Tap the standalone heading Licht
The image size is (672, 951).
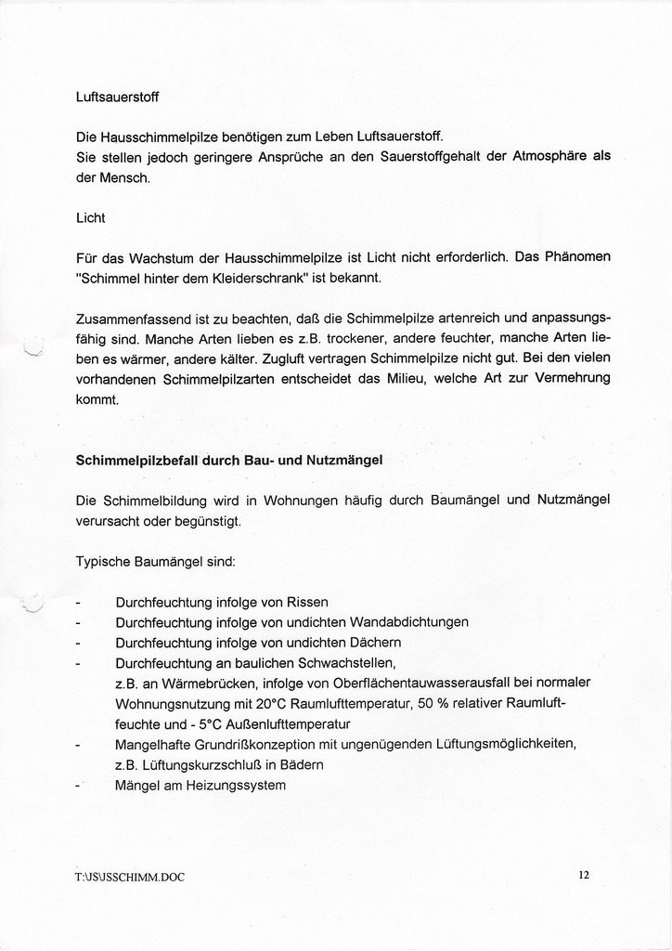point(90,217)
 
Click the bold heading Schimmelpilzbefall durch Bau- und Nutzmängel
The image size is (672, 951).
point(227,460)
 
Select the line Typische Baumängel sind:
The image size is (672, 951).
point(155,562)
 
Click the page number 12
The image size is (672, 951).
point(583,874)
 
